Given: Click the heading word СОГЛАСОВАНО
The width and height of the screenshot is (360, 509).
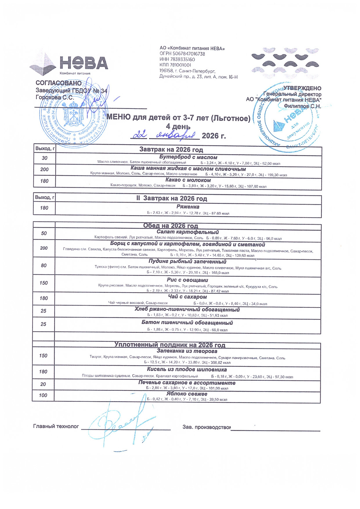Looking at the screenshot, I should pos(59,83).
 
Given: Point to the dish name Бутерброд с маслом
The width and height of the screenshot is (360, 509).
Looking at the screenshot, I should pos(188,157).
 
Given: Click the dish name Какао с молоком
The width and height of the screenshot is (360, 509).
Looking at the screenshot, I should pos(188,180).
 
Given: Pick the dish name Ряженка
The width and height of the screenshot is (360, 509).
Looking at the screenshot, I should pos(188,206).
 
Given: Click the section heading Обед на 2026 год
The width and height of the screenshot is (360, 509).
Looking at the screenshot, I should pos(170,226).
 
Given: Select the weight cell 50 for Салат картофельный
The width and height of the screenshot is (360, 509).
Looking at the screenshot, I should pos(44,233).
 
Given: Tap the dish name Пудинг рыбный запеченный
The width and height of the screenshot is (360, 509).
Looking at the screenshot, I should pos(187,261).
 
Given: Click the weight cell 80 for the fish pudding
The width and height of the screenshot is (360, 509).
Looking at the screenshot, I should pos(44,265).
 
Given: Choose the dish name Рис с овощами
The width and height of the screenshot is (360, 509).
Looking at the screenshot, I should pos(187,280).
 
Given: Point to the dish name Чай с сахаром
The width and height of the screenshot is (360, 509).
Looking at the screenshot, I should pos(187,297).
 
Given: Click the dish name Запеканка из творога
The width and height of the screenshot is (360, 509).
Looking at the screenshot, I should pos(187,351).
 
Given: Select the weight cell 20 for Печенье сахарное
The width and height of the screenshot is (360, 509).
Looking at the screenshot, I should pos(43,384).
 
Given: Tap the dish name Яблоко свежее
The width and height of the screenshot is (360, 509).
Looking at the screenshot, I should pos(187,394).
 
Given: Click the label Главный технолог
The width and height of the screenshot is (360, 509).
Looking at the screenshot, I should pos(56,426).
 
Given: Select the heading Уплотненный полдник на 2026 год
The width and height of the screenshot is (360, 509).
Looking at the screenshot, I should pos(170,345).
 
